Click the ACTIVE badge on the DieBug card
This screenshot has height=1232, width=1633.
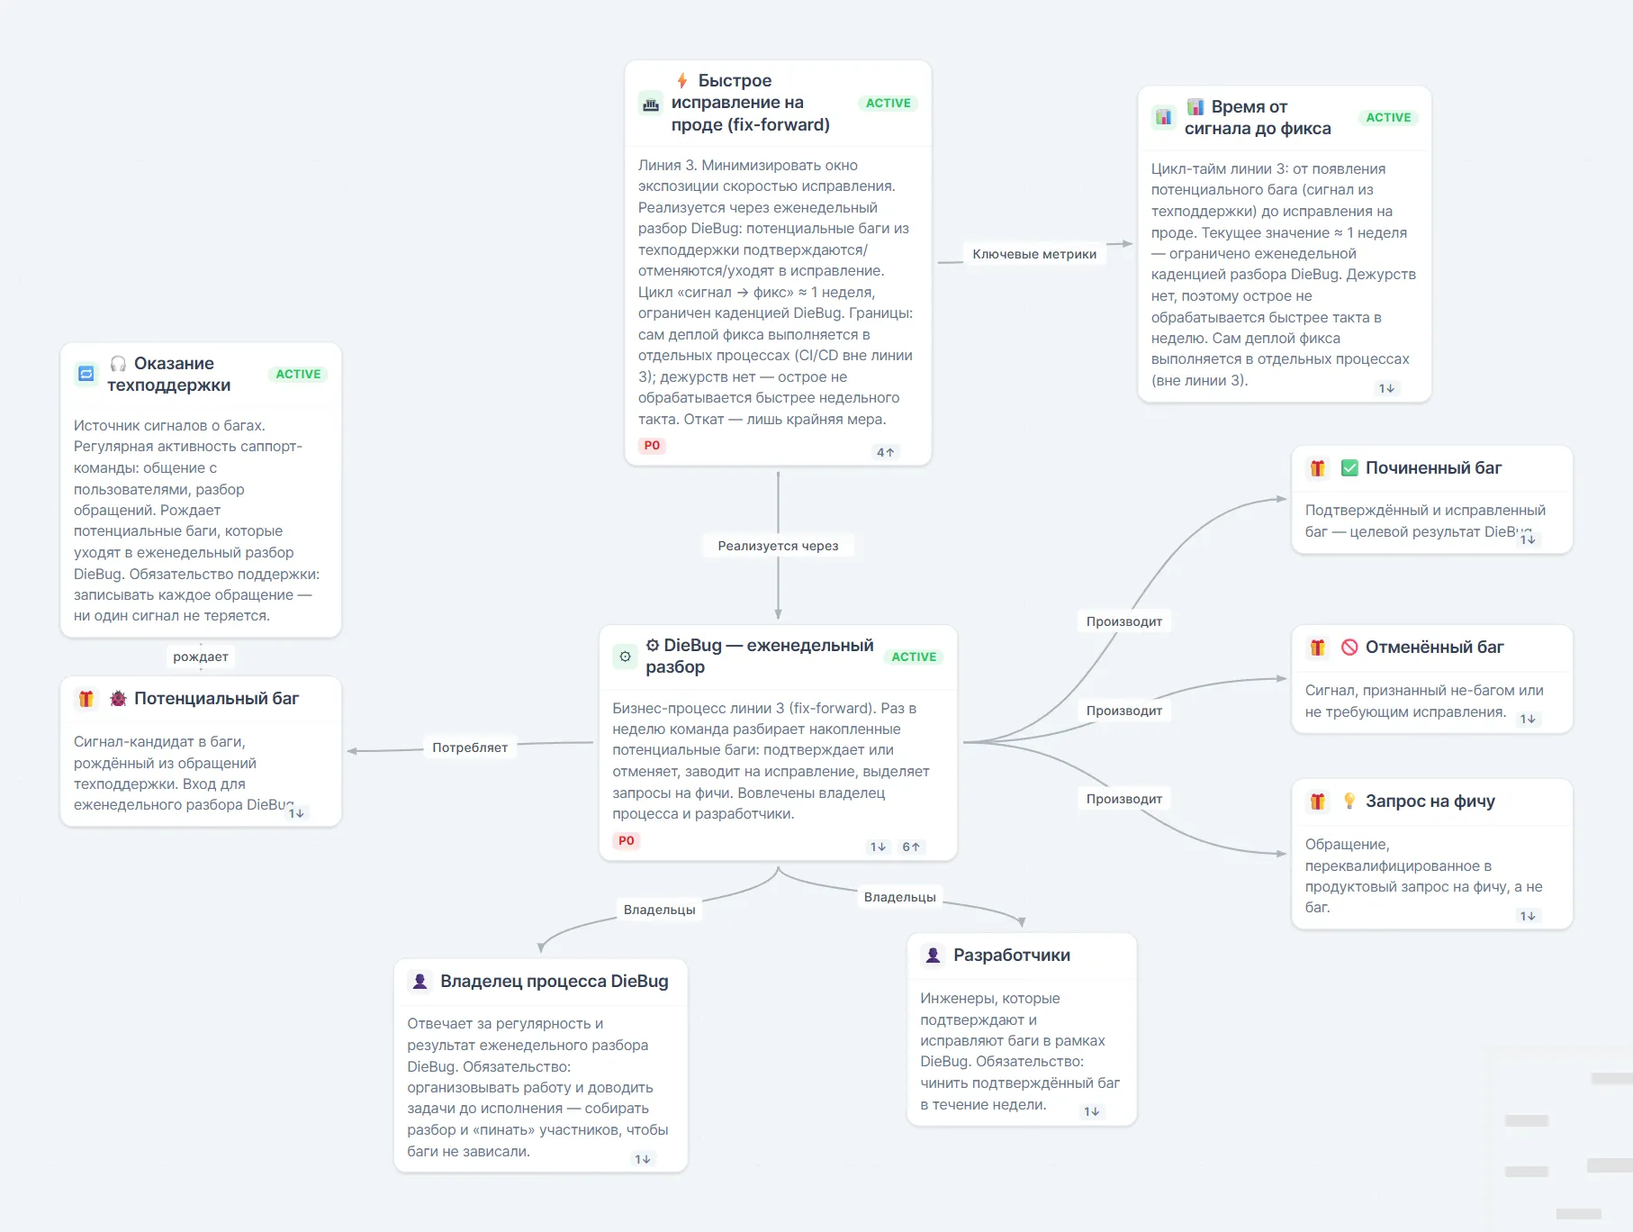pyautogui.click(x=914, y=657)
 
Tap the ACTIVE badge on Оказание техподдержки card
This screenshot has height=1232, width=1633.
pyautogui.click(x=298, y=374)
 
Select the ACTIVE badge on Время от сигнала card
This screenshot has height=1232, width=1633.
pyautogui.click(x=1388, y=117)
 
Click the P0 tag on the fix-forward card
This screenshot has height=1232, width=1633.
pyautogui.click(x=652, y=445)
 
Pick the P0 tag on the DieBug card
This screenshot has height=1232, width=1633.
pyautogui.click(x=626, y=840)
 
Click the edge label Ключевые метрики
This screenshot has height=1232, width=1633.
pyautogui.click(x=1034, y=254)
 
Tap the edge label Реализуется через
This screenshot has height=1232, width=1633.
pyautogui.click(x=778, y=546)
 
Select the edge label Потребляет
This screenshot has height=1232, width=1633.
pyautogui.click(x=470, y=747)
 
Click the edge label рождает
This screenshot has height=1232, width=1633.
pyautogui.click(x=201, y=657)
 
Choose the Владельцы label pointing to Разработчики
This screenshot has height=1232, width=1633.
pyautogui.click(x=900, y=897)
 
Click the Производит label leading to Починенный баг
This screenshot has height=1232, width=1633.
pyautogui.click(x=1124, y=621)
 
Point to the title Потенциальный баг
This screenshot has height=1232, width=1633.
pyautogui.click(x=216, y=698)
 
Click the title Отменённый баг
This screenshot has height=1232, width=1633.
pyautogui.click(x=1434, y=647)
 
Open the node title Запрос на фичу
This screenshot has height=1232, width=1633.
pyautogui.click(x=1430, y=801)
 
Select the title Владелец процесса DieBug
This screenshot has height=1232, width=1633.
pyautogui.click(x=555, y=981)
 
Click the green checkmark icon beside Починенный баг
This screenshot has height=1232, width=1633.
pyautogui.click(x=1349, y=467)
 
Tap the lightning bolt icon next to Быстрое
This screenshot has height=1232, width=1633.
pyautogui.click(x=682, y=81)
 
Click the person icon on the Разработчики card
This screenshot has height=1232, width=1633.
pyautogui.click(x=934, y=955)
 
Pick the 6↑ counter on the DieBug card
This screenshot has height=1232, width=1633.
pyautogui.click(x=911, y=847)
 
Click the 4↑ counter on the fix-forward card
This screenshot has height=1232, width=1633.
pyautogui.click(x=886, y=452)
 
